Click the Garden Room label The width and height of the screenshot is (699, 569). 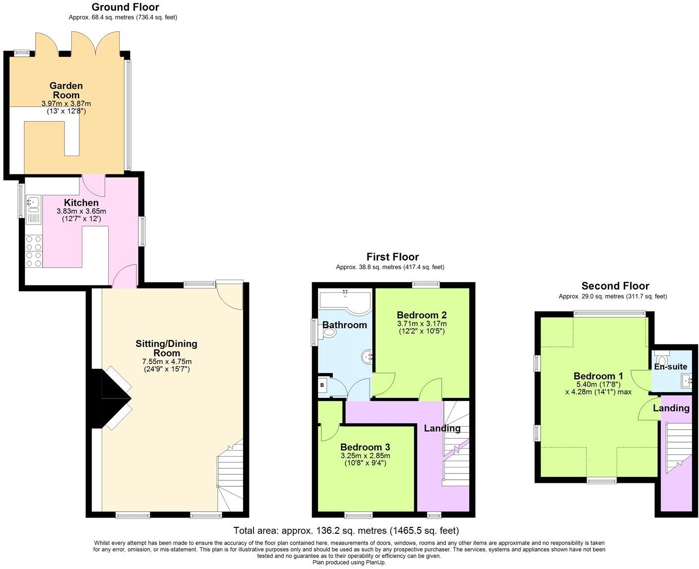point(66,90)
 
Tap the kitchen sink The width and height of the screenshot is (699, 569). point(33,202)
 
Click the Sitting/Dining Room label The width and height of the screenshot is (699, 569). point(166,348)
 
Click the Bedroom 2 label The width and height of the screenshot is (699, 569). point(422,315)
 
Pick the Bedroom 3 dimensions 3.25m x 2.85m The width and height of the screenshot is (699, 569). point(365,455)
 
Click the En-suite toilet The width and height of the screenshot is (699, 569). point(662,358)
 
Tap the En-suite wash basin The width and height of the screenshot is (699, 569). point(687,381)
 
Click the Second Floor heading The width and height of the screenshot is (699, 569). point(615,286)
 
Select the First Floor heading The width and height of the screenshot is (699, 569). point(392,257)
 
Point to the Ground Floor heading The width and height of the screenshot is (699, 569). point(126,7)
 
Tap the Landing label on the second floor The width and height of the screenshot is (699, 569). point(671,408)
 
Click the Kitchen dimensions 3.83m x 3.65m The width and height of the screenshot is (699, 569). point(81,211)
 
